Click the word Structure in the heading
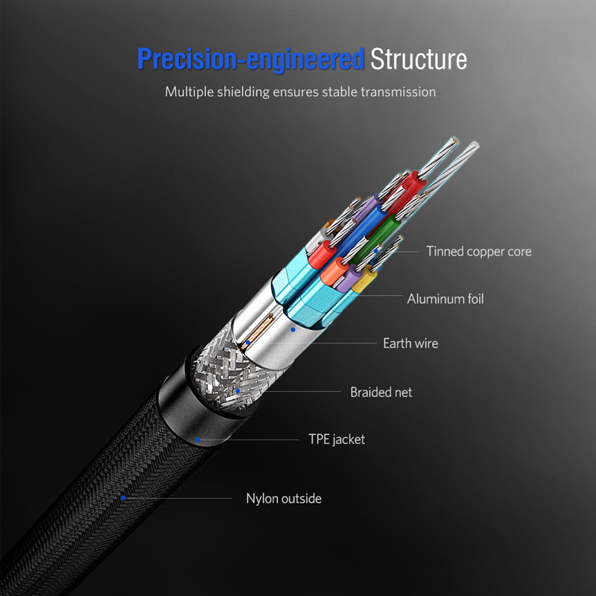[x=419, y=59]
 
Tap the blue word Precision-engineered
[x=251, y=60]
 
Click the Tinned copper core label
[x=478, y=251]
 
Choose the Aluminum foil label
[x=446, y=299]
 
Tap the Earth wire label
[x=410, y=343]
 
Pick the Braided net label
[x=381, y=392]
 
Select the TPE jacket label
[x=337, y=440]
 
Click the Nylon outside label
[x=284, y=498]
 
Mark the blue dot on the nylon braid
[x=123, y=498]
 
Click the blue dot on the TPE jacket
[x=197, y=440]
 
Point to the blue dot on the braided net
[x=238, y=390]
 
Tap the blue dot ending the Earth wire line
[x=248, y=343]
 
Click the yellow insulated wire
[x=364, y=279]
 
